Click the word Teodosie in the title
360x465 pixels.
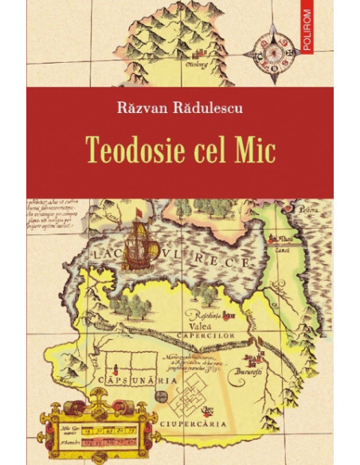[146, 150]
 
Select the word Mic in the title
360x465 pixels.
[256, 150]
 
